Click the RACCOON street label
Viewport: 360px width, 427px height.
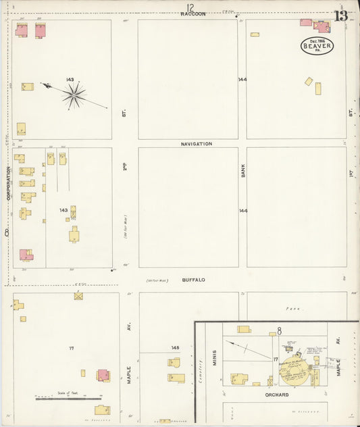coord(192,14)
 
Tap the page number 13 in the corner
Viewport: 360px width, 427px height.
coord(341,16)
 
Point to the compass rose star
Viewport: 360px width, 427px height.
coord(74,95)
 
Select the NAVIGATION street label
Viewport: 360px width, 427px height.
coord(196,144)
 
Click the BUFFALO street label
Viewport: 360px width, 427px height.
coord(192,279)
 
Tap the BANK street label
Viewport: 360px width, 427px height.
coord(242,170)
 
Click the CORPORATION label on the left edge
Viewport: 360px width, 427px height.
coord(9,182)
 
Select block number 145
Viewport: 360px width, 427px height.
coord(175,348)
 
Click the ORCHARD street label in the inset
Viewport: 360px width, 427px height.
coord(276,395)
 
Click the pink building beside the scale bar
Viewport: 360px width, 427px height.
coord(103,375)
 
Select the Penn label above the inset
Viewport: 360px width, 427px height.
coord(292,308)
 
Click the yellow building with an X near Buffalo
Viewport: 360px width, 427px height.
coord(78,296)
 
